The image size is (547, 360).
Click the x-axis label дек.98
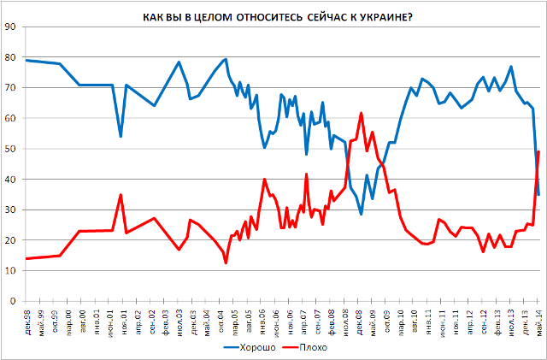click(x=27, y=320)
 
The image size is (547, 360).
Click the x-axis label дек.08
click(x=361, y=320)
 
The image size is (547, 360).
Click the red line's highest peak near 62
click(x=362, y=113)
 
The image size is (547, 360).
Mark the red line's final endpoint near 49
click(x=538, y=151)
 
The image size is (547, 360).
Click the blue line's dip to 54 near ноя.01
click(x=121, y=137)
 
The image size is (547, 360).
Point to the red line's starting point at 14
click(x=26, y=258)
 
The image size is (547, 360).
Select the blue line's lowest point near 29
click(x=362, y=214)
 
